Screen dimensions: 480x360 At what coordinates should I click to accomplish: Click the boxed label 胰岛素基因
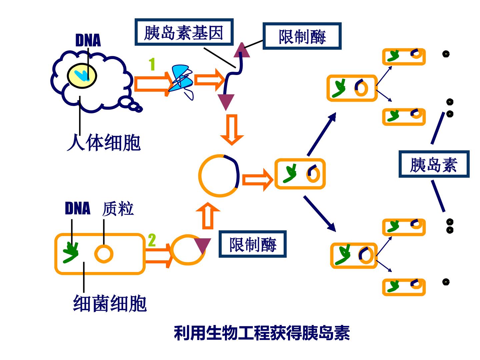184,32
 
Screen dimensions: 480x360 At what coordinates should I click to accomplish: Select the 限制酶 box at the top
302,36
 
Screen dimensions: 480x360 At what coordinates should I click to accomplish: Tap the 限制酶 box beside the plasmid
253,244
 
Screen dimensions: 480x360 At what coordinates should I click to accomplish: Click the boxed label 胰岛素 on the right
434,164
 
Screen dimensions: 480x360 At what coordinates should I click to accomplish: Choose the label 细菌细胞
110,304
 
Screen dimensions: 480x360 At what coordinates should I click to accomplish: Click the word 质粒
118,209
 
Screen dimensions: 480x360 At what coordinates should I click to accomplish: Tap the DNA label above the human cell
88,40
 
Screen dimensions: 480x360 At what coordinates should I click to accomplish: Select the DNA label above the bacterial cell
78,208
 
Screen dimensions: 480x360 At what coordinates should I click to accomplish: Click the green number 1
152,64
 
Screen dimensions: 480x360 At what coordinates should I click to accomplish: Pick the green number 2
152,240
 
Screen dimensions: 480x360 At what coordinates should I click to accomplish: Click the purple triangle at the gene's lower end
226,102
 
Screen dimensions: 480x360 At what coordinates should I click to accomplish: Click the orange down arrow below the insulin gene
232,130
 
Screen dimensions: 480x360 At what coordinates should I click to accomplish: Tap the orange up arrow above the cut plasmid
208,216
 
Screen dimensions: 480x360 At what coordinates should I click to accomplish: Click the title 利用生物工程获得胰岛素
262,333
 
